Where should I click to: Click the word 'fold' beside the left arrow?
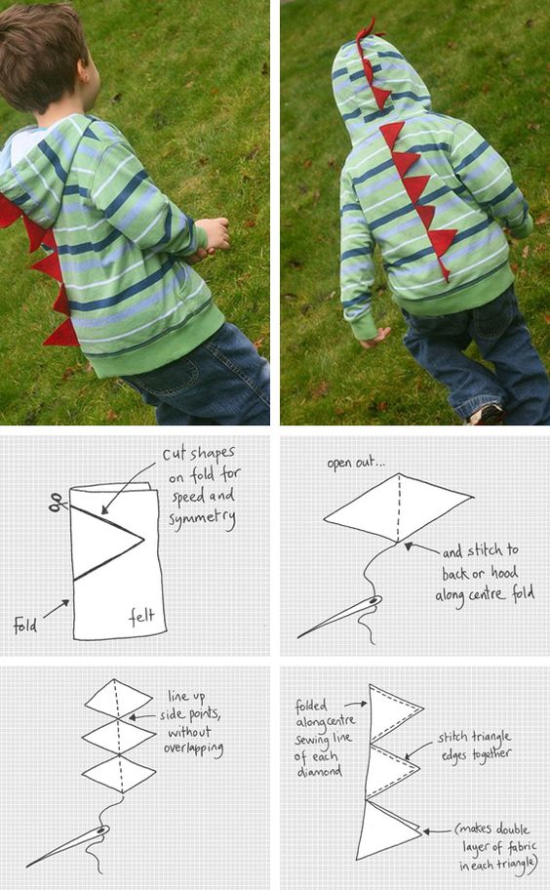click(x=26, y=625)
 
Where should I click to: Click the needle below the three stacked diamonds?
click(x=68, y=846)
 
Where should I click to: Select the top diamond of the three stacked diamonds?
click(x=118, y=698)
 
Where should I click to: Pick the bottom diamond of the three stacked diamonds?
click(x=118, y=774)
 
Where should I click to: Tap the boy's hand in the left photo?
click(x=215, y=233)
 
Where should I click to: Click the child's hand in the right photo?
click(x=374, y=337)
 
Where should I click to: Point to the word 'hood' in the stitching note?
click(x=499, y=573)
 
